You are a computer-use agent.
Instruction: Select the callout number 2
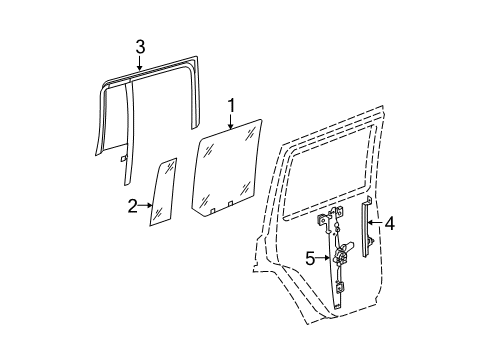click(x=132, y=207)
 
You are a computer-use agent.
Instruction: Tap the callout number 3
click(x=140, y=45)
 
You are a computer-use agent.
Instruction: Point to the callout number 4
click(x=390, y=224)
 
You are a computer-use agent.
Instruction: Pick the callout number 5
click(x=310, y=259)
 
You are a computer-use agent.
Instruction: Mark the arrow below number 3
click(x=140, y=62)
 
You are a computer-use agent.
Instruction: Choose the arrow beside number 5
click(x=326, y=259)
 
